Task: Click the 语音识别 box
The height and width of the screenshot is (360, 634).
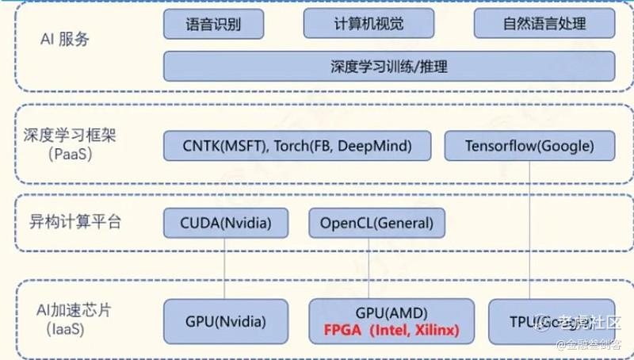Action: coord(213,24)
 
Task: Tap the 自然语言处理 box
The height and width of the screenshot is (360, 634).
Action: coord(544,24)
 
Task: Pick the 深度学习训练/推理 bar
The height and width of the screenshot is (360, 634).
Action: coord(388,67)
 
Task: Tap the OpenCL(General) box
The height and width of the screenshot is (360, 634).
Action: coord(372,223)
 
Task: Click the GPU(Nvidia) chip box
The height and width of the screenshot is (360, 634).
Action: coord(225,321)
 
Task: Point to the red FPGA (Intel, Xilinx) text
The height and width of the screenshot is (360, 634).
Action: coord(391,329)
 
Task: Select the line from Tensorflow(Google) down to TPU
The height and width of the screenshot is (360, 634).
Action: coord(528,230)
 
